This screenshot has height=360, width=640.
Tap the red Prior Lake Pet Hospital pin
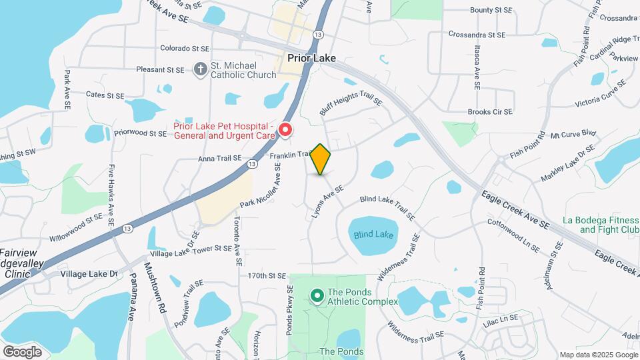pos(285,129)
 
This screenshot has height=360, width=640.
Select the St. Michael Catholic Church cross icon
pos(199,69)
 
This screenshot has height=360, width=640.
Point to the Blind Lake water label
pos(373,235)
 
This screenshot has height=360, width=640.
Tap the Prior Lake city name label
pos(311,58)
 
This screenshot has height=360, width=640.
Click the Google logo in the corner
pos(22,351)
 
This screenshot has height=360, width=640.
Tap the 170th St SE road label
pos(267,275)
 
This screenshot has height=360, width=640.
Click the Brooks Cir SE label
pos(490,112)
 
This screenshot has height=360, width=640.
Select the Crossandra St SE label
pos(477,34)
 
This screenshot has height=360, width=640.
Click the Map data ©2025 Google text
pos(599,355)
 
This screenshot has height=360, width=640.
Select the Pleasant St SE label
pos(159,69)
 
